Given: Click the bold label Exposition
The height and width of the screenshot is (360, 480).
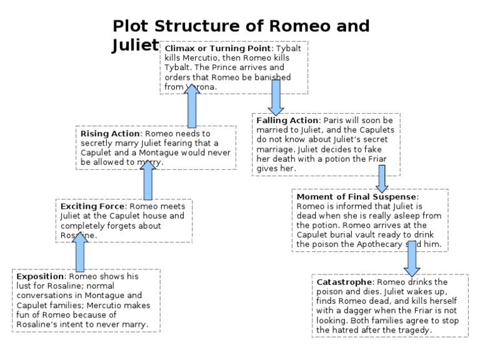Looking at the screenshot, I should point(41,276).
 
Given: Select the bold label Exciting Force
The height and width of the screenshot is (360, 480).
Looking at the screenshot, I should point(93,206).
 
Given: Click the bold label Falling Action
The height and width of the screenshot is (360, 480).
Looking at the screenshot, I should point(286,119).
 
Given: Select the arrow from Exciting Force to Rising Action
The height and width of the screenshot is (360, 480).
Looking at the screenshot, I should point(147,181).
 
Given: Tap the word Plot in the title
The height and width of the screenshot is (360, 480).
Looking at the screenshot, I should point(133,26).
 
